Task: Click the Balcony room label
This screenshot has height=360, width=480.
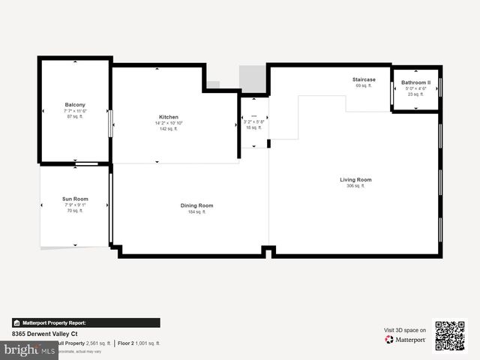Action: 75,104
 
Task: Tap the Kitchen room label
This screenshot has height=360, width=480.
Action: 168,117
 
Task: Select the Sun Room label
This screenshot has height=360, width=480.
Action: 75,199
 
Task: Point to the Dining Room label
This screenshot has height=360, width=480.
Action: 196,205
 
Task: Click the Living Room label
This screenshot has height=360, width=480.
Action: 355,179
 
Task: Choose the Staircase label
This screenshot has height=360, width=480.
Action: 364,79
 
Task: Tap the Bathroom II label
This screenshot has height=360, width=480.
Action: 415,82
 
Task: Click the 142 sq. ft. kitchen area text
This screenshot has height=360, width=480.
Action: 168,129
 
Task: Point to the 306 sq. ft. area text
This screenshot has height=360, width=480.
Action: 355,186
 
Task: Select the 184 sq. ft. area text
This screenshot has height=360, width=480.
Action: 196,212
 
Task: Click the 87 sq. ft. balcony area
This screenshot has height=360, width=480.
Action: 75,116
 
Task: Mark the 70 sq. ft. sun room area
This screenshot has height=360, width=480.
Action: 75,211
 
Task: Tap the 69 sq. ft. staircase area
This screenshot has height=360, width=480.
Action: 364,86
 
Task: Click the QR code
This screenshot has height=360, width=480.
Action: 450,336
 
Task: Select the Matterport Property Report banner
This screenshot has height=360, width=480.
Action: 86,323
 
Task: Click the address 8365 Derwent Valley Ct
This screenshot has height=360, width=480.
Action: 45,334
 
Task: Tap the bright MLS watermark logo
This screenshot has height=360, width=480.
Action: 30,350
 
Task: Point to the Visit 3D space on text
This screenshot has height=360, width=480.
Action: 405,330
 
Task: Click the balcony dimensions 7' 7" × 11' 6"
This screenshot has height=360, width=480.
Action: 75,110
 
